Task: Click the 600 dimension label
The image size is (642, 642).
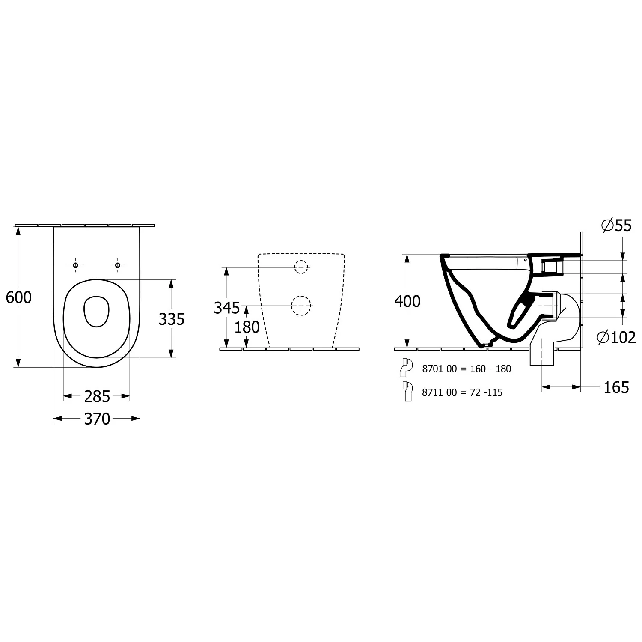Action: (x=19, y=297)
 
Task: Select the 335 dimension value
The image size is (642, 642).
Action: (x=171, y=319)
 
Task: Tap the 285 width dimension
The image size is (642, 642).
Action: (x=97, y=397)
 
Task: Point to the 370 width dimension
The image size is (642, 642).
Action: (x=97, y=419)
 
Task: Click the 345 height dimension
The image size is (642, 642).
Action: (x=227, y=307)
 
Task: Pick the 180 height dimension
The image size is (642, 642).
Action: (x=247, y=327)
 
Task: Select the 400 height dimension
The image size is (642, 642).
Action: (x=407, y=301)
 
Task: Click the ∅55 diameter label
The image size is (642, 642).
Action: (x=616, y=226)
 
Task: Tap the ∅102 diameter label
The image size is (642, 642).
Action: (x=616, y=337)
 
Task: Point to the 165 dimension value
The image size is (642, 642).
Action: (x=616, y=387)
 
